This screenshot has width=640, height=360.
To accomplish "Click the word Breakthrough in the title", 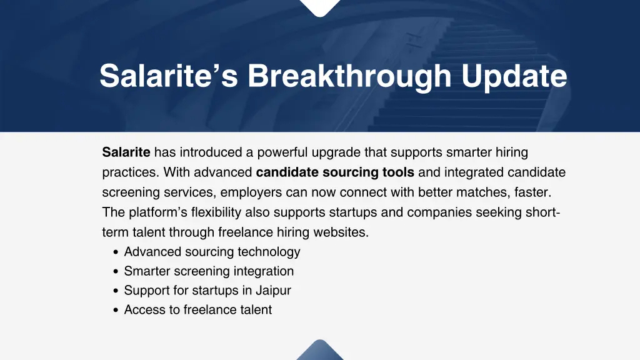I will [349, 76].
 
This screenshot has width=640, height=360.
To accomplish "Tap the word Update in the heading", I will [514, 76].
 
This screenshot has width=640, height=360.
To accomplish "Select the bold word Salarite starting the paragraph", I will [126, 152].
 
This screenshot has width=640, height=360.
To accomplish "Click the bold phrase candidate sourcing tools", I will [335, 172].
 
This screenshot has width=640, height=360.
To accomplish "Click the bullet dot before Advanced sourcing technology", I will [117, 252].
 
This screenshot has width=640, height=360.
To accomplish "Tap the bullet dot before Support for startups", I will [117, 291].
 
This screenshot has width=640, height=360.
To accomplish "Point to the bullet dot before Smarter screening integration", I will [117, 272].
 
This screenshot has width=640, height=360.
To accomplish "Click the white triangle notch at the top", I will [320, 6].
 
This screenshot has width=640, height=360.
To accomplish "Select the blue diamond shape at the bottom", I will [320, 351].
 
